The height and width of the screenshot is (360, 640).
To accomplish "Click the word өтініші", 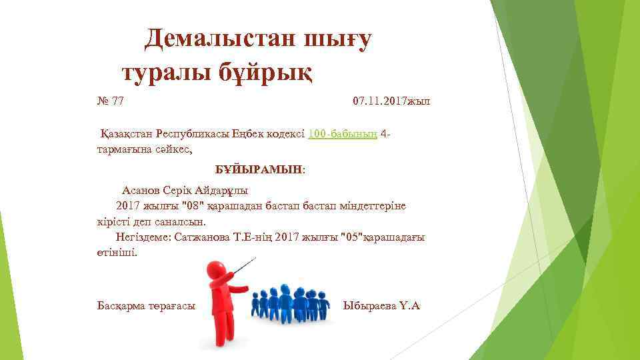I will (x=117, y=253).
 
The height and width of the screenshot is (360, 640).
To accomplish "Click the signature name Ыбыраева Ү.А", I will (x=381, y=306).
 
